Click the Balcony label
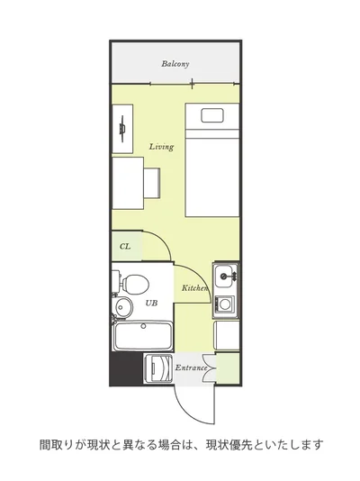[x=175, y=64]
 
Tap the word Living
[x=161, y=147]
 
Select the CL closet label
[x=125, y=246]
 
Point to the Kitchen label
[x=195, y=288]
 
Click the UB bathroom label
[x=151, y=303]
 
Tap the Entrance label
[x=191, y=368]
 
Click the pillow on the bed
[x=212, y=115]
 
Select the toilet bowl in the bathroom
[x=136, y=283]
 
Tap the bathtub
[x=142, y=336]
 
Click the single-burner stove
[x=225, y=304]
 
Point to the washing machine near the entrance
[x=158, y=368]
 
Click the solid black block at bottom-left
[x=126, y=368]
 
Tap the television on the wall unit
[x=122, y=129]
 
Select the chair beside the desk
[x=152, y=183]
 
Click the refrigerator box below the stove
[x=227, y=335]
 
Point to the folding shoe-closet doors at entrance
[x=210, y=368]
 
